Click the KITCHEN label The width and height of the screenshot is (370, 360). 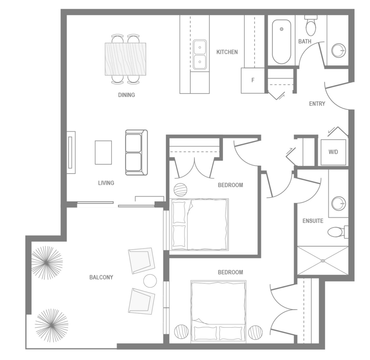tap(227, 52)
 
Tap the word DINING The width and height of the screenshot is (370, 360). tap(126, 95)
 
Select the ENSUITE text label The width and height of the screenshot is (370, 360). tap(313, 221)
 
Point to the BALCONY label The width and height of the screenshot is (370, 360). tap(101, 278)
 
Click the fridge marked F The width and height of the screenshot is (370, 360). tap(253, 80)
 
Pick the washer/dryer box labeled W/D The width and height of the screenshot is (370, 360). tap(333, 152)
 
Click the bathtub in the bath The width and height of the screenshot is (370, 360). tap(281, 42)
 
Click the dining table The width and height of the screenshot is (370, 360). tap(125, 59)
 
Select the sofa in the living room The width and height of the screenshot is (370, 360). tap(136, 152)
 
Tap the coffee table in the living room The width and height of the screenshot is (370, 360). tap(103, 152)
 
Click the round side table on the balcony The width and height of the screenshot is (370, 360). tap(150, 281)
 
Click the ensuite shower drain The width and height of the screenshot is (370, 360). tap(323, 260)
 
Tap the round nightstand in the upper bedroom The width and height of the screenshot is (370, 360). tap(181, 190)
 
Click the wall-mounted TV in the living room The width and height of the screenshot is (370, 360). tap(71, 152)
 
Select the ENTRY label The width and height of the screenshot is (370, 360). tap(317, 104)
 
